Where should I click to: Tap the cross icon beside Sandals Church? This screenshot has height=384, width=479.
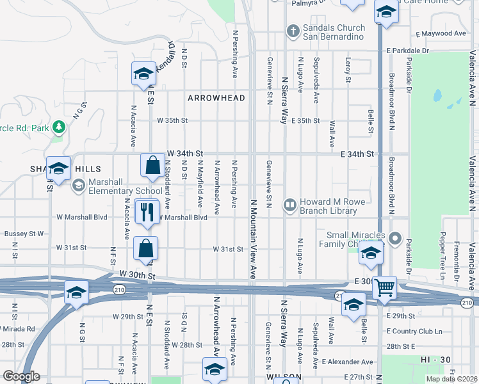pos(293,30)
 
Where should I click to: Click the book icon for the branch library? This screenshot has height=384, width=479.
pos(290,205)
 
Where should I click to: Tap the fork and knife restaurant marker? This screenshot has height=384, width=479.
pos(147,212)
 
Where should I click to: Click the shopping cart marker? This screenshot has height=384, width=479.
pos(384,287)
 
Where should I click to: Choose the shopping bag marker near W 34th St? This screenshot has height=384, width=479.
pos(153,166)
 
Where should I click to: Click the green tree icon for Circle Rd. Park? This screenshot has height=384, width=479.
pos(60,127)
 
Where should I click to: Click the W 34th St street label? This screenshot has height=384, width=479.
pos(184,154)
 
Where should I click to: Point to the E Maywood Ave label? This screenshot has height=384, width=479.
pos(441,33)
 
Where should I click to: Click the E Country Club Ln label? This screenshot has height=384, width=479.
pos(414,332)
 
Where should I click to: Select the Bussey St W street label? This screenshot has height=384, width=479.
pos(24,234)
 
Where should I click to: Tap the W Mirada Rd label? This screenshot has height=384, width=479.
pos(19,329)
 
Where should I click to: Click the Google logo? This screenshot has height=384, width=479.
pos(21,376)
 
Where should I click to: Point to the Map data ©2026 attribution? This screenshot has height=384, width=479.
pos(451,379)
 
